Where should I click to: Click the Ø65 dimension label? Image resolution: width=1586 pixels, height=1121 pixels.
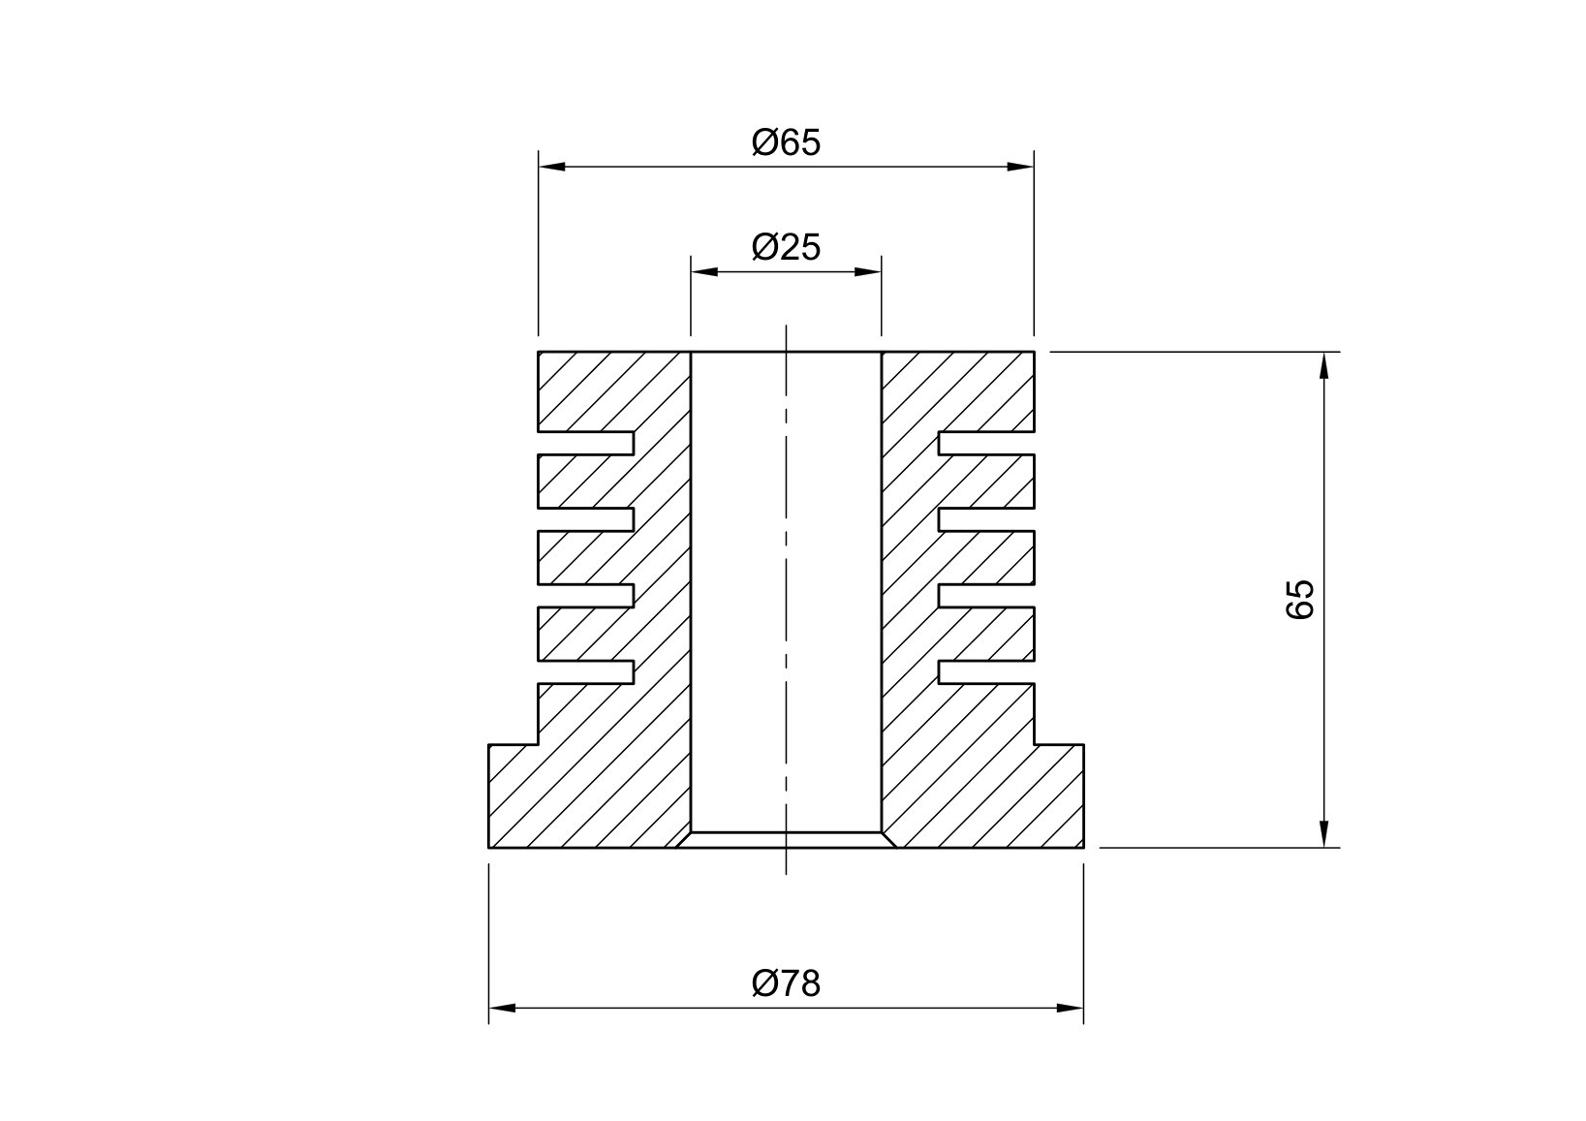(x=786, y=142)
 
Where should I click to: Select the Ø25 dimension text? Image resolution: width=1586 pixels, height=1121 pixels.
(x=786, y=247)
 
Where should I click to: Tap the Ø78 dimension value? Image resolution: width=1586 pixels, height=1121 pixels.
(x=786, y=983)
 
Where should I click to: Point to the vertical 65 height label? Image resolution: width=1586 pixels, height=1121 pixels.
(x=1300, y=600)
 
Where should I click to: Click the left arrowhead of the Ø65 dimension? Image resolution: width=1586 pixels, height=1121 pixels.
(x=552, y=167)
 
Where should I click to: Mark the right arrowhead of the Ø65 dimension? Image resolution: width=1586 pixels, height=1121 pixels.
(x=1020, y=167)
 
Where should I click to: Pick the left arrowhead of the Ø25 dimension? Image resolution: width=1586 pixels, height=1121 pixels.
(x=704, y=272)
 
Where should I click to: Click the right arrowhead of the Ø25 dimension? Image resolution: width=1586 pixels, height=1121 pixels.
(x=868, y=272)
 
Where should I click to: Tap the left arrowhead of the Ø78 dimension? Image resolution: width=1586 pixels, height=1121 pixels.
(x=502, y=1008)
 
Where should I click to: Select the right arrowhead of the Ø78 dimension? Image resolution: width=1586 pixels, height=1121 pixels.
(x=1070, y=1008)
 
